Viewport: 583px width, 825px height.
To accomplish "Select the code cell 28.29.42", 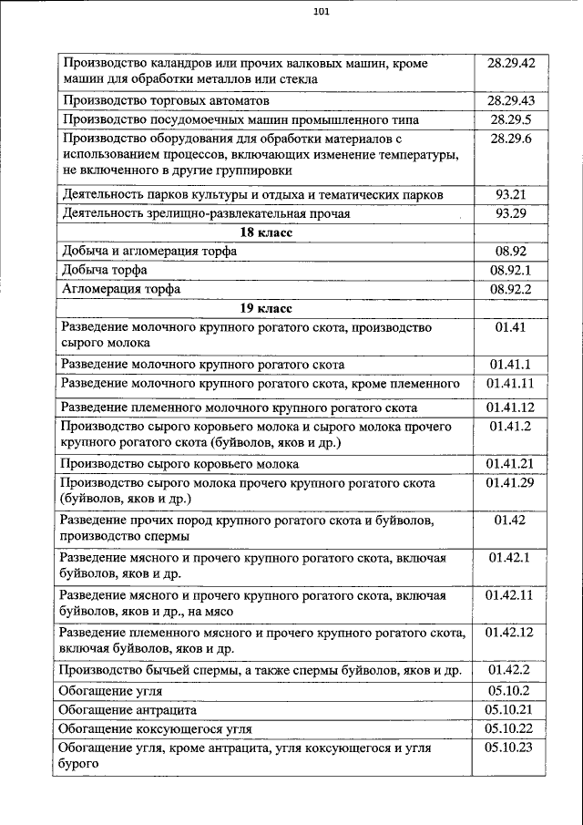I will coord(510,64).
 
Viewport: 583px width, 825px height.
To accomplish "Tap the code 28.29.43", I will coord(510,99).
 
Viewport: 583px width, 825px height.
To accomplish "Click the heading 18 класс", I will coord(265,232).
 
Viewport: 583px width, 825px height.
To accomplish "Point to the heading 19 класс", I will coord(265,307).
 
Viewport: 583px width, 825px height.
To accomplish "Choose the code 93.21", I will coord(510,195).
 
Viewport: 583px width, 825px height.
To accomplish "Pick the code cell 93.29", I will coord(510,213).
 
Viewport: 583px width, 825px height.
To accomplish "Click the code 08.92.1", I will coord(510,270).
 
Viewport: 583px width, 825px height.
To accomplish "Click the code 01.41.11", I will coord(510,383).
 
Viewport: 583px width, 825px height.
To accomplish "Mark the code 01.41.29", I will coord(510,481).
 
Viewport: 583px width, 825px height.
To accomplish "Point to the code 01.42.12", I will coord(510,631).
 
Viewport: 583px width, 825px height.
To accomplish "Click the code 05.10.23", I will coord(510,747).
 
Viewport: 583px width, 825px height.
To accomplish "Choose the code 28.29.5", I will coord(510,119).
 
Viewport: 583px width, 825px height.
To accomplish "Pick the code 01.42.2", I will coord(510,670).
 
